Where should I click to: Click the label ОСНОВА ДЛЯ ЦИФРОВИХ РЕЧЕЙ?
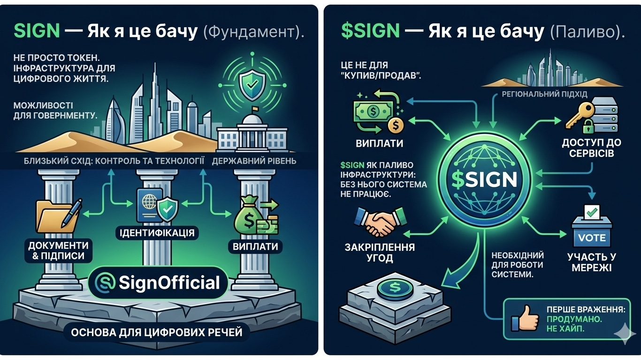coord(157,333)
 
